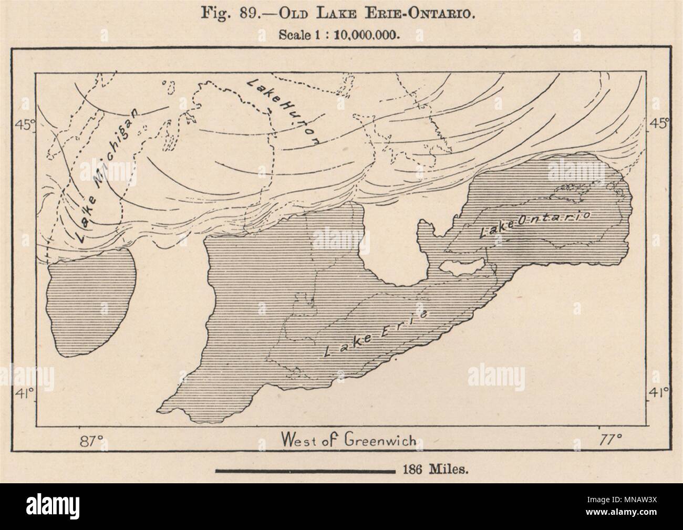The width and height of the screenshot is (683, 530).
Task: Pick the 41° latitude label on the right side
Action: pos(657,391)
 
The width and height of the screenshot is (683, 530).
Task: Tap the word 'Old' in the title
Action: pos(286,14)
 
